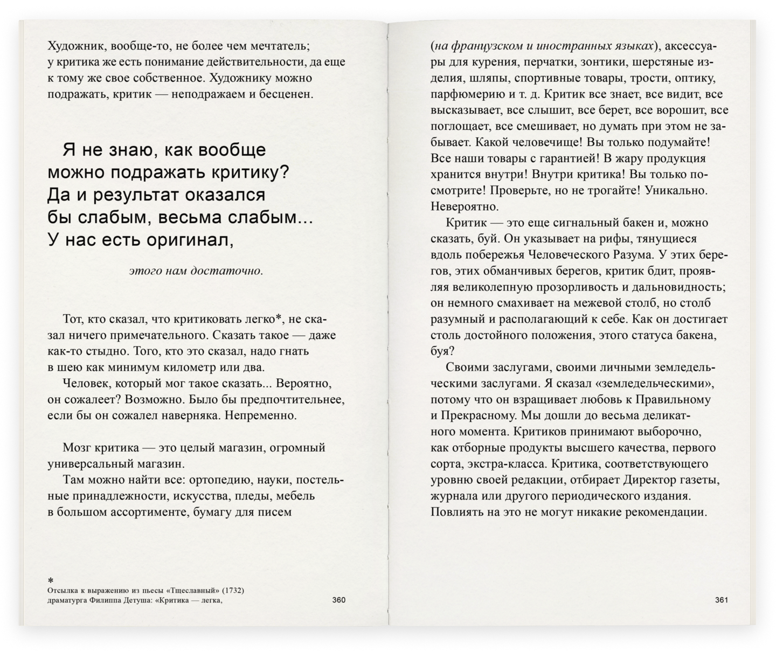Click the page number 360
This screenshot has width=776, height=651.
tap(338, 600)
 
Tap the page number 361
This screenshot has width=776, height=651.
tap(721, 600)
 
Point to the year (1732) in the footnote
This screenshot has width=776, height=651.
tap(230, 590)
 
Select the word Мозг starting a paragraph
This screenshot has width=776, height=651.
tap(75, 448)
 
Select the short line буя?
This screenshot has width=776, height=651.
tap(442, 351)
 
